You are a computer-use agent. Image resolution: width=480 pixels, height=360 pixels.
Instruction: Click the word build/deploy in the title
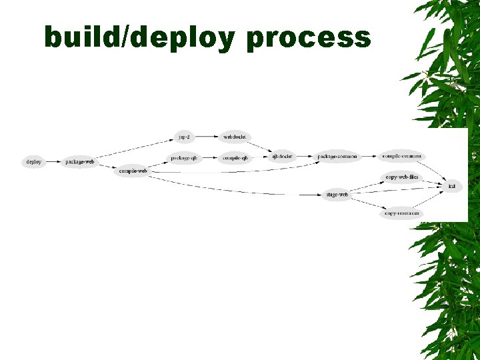pyautogui.click(x=139, y=37)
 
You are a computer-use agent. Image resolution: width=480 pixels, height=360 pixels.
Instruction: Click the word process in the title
pyautogui.click(x=308, y=39)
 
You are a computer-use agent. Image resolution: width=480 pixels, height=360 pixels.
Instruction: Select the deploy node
pyautogui.click(x=33, y=162)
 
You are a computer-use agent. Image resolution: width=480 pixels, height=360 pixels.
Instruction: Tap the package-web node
pyautogui.click(x=80, y=162)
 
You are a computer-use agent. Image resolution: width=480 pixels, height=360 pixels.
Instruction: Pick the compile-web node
pyautogui.click(x=133, y=171)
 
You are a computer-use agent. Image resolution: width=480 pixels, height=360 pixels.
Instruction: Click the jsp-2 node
pyautogui.click(x=184, y=137)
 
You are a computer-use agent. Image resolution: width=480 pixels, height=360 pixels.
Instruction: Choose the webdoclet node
pyautogui.click(x=235, y=137)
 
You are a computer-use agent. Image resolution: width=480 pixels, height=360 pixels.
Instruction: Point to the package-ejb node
pyautogui.click(x=183, y=158)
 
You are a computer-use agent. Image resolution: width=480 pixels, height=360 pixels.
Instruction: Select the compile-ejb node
pyautogui.click(x=235, y=158)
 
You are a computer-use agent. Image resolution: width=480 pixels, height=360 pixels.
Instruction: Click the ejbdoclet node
pyautogui.click(x=283, y=157)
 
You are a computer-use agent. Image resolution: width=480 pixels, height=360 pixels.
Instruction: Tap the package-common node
pyautogui.click(x=337, y=157)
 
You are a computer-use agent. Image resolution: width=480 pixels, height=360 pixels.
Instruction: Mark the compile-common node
pyautogui.click(x=401, y=156)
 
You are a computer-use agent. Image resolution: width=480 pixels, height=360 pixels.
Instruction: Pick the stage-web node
pyautogui.click(x=337, y=195)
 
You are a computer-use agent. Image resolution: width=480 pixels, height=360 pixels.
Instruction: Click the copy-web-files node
pyautogui.click(x=402, y=177)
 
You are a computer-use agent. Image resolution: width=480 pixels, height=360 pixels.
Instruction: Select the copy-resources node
pyautogui.click(x=402, y=213)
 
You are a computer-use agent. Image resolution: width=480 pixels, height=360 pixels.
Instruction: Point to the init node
pyautogui.click(x=452, y=186)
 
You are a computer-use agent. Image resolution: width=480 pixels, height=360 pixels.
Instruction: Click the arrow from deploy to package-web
pyautogui.click(x=53, y=162)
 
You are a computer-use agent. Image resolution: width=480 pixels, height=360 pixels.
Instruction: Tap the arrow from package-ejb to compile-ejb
pyautogui.click(x=209, y=158)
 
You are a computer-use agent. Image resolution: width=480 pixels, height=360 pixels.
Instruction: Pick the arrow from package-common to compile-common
pyautogui.click(x=369, y=157)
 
